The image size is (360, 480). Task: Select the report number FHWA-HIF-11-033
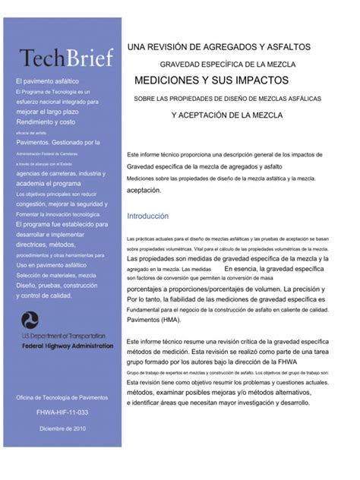[62, 413]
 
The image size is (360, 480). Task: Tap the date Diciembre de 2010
[62, 429]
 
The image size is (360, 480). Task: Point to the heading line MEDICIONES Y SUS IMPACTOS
[211, 80]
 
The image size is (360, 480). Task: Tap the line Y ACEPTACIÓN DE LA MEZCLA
[227, 115]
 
